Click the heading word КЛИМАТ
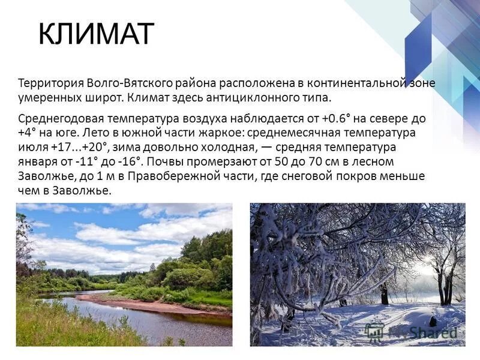tap(96, 34)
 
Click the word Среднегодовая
tap(59, 118)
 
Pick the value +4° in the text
tap(29, 133)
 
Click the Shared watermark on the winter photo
tap(420, 332)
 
